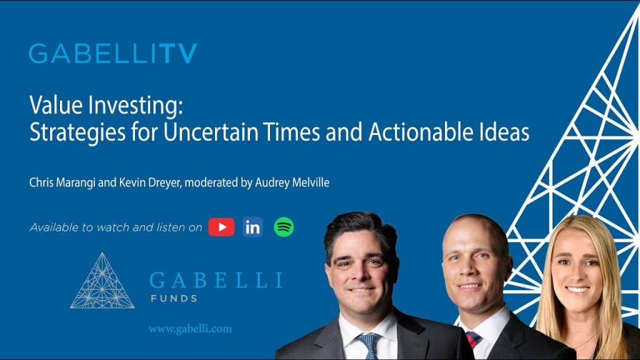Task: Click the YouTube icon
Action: [x=221, y=227]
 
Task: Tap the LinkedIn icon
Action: [x=252, y=227]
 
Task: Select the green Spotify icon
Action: [x=284, y=227]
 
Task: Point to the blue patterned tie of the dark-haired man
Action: [x=369, y=345]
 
